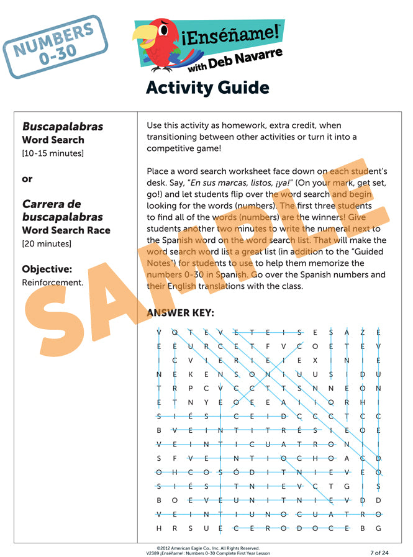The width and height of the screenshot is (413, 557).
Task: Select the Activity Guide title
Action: point(207,88)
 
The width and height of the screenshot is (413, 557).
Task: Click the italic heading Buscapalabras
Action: point(63,127)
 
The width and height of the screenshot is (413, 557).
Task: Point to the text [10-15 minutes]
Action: point(53,153)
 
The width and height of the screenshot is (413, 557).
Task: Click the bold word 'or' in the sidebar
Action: point(27,179)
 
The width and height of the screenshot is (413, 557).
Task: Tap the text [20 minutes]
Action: point(47,243)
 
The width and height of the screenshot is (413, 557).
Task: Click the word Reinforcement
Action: point(52,283)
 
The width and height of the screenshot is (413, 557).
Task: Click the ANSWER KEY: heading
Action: point(180,313)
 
